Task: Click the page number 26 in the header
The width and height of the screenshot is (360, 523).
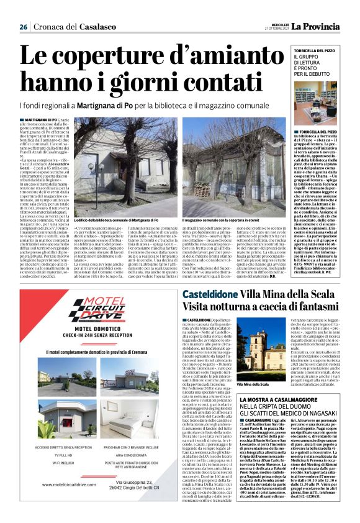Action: tap(23, 27)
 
